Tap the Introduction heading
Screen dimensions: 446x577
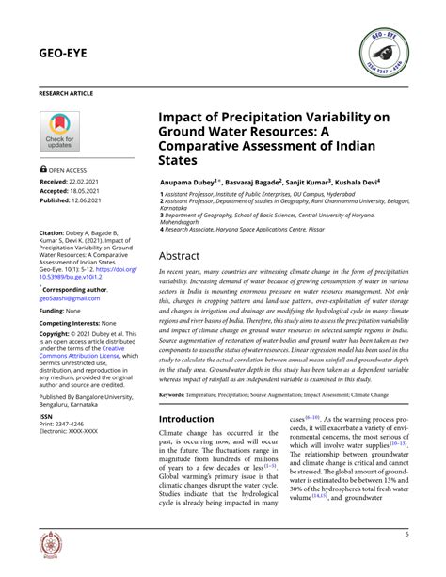(x=199, y=419)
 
